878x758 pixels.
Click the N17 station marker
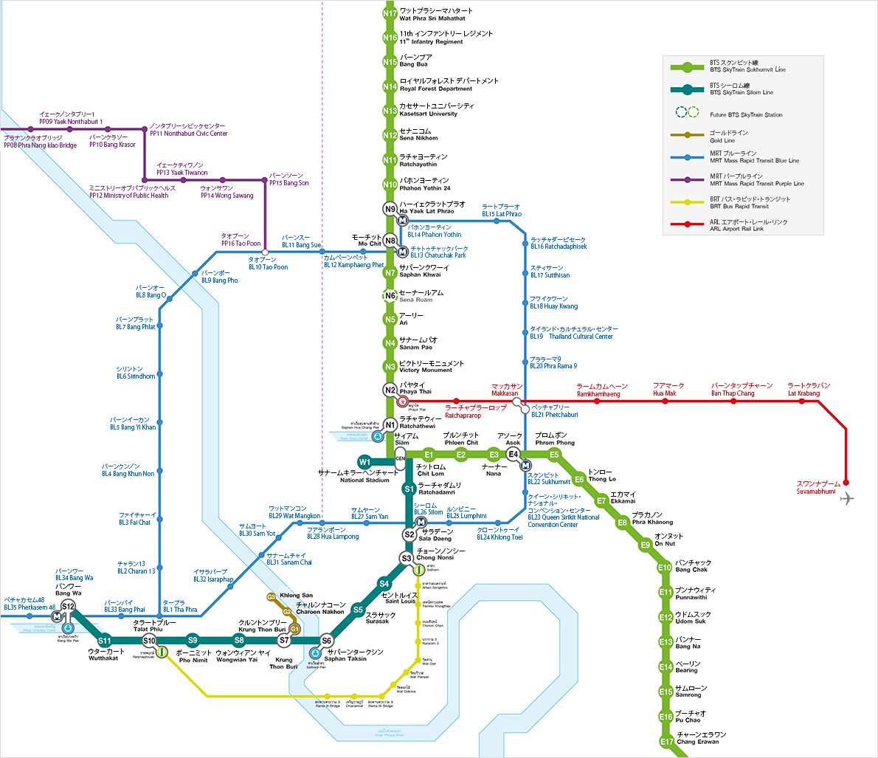tap(390, 13)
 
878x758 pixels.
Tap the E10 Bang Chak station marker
tap(665, 568)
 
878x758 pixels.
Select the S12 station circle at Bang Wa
tap(68, 607)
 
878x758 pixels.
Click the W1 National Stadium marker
tap(364, 463)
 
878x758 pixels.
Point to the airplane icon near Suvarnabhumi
tap(846, 499)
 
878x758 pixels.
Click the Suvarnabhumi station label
tap(816, 487)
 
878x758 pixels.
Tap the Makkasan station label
tap(507, 390)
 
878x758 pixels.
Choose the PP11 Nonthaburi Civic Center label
tap(188, 130)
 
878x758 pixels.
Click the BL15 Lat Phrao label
tap(501, 210)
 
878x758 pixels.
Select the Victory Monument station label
tap(432, 366)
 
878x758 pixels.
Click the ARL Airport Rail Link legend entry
tap(748, 225)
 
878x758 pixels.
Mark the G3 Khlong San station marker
tap(272, 596)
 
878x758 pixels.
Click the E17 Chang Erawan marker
tap(666, 741)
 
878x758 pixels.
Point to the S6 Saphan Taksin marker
tap(326, 641)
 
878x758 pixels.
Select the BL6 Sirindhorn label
tap(136, 373)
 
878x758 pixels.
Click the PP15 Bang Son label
tap(288, 179)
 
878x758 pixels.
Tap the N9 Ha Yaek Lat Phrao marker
tap(390, 209)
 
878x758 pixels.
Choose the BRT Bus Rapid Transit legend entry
tap(750, 202)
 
